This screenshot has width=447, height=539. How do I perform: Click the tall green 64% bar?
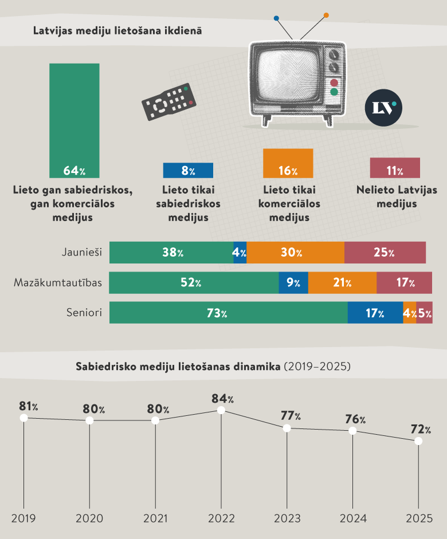click(74, 120)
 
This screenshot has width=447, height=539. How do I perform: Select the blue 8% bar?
click(188, 170)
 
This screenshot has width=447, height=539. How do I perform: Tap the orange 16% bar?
click(288, 163)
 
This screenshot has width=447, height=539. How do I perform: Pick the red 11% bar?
click(394, 168)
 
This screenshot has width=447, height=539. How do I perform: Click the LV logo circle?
click(383, 107)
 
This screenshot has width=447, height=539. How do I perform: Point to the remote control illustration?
click(168, 101)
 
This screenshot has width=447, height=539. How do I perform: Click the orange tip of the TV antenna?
click(326, 15)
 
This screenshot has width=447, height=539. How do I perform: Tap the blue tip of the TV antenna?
click(277, 18)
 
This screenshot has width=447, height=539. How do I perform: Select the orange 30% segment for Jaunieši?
click(295, 253)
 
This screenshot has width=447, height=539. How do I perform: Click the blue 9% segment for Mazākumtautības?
click(293, 283)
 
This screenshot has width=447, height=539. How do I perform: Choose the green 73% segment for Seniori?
click(228, 313)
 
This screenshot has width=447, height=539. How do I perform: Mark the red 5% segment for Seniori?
click(425, 313)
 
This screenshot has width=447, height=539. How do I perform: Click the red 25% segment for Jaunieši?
click(385, 253)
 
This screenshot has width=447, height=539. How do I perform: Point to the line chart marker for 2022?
click(221, 410)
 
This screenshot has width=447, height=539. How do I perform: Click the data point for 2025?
click(418, 441)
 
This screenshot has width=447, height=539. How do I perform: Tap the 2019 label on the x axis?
click(23, 518)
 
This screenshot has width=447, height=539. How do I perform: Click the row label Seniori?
click(84, 313)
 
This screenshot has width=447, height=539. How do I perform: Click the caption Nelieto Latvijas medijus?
click(396, 196)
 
